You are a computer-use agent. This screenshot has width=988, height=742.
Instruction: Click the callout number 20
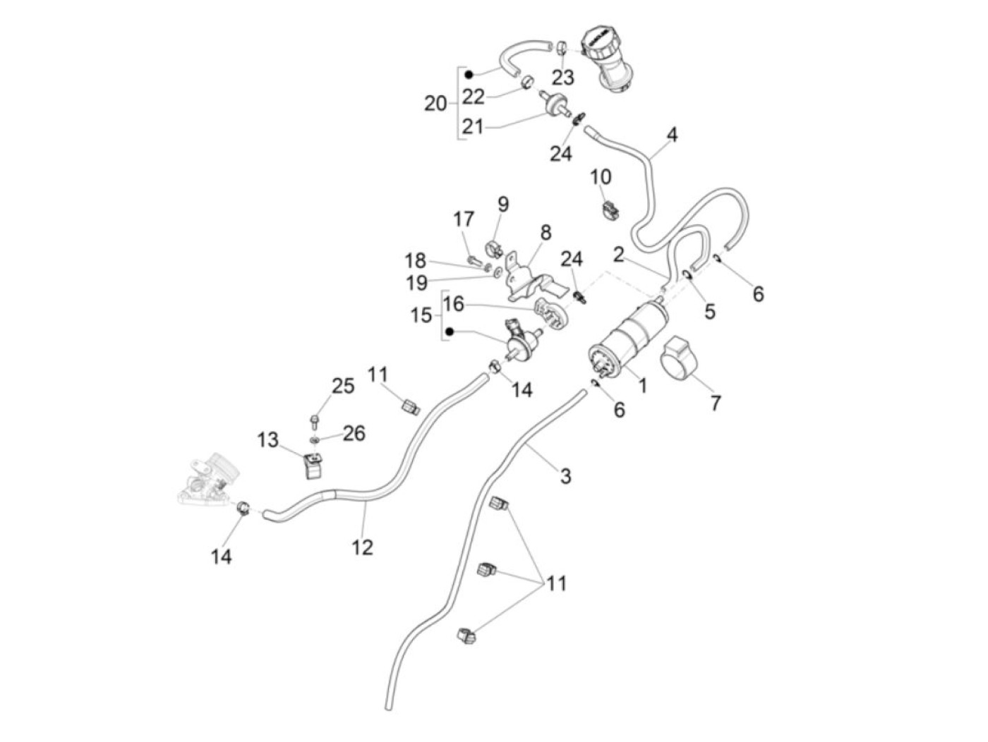tap(435, 104)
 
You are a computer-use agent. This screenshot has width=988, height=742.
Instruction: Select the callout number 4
tap(672, 134)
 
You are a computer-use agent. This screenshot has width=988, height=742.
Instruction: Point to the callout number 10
tap(601, 176)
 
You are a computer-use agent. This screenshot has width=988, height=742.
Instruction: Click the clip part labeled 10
tap(610, 209)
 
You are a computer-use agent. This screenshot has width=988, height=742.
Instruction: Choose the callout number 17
tap(464, 219)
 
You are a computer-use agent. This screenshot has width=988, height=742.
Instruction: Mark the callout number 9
tap(502, 205)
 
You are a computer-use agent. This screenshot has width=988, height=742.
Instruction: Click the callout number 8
tap(546, 232)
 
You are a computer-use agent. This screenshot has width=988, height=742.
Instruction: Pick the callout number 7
tap(716, 403)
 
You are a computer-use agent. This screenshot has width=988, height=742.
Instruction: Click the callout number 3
tap(565, 476)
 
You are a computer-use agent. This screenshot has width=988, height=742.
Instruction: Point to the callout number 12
tap(362, 547)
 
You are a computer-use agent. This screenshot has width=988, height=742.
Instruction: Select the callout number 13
tap(267, 440)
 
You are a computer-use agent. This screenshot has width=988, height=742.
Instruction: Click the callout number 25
tap(343, 386)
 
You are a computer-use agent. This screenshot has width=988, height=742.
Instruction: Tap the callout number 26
tap(354, 433)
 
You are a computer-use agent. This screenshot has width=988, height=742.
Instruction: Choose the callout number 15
tap(421, 315)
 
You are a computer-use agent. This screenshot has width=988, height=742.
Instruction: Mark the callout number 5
tap(709, 310)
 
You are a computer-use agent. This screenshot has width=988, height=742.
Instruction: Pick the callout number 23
tap(562, 76)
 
